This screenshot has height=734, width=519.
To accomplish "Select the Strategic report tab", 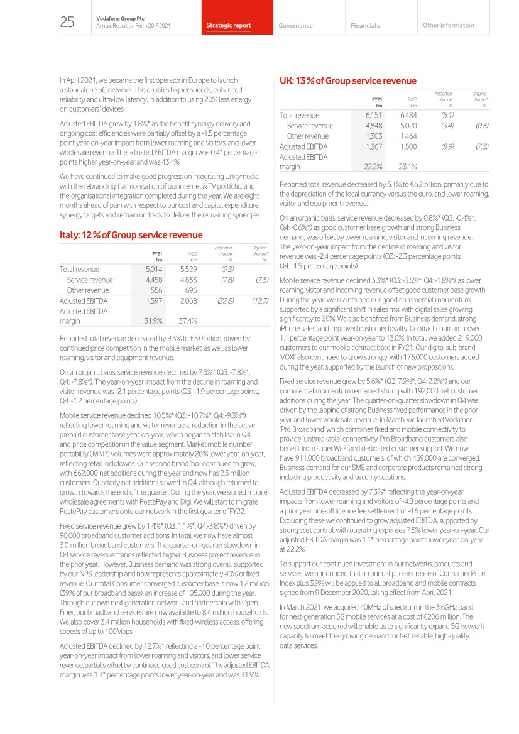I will point(229,26).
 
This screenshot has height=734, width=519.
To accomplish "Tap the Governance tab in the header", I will point(295,26).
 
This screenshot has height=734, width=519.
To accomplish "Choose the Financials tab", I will point(365,26).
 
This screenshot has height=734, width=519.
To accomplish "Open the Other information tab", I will point(449,25).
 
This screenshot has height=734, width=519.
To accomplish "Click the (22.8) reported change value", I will point(224,301).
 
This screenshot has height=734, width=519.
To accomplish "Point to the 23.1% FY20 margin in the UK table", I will point(410,167).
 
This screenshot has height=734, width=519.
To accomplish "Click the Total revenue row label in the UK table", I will point(299,115).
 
